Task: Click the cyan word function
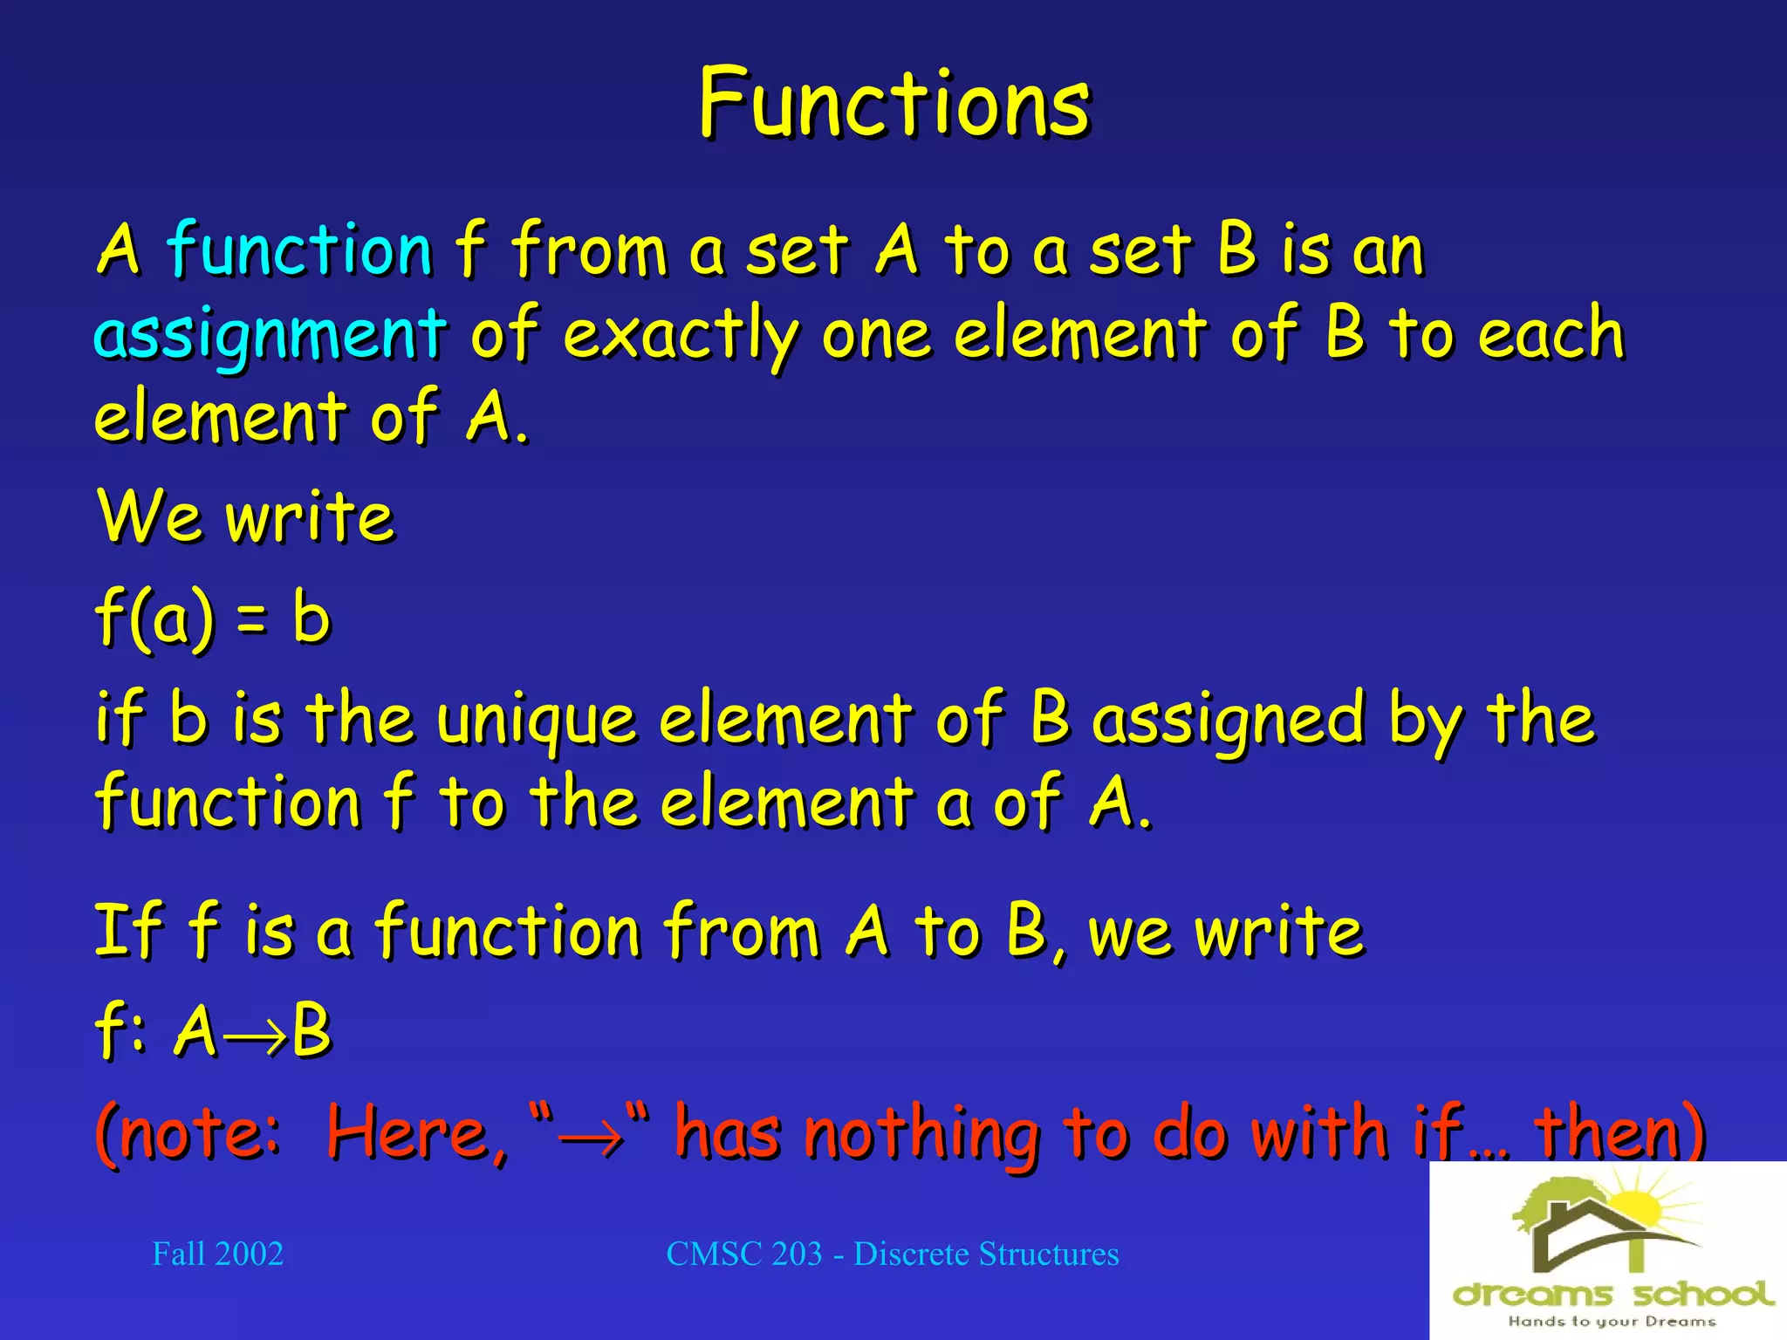click(298, 250)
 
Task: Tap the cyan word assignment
click(270, 334)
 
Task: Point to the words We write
click(246, 516)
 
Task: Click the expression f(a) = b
click(213, 618)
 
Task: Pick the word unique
click(536, 721)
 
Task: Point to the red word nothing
click(921, 1133)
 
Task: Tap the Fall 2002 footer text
click(217, 1255)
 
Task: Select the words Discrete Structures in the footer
click(986, 1255)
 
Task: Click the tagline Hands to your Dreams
click(1612, 1322)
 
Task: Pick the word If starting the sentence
click(127, 932)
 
